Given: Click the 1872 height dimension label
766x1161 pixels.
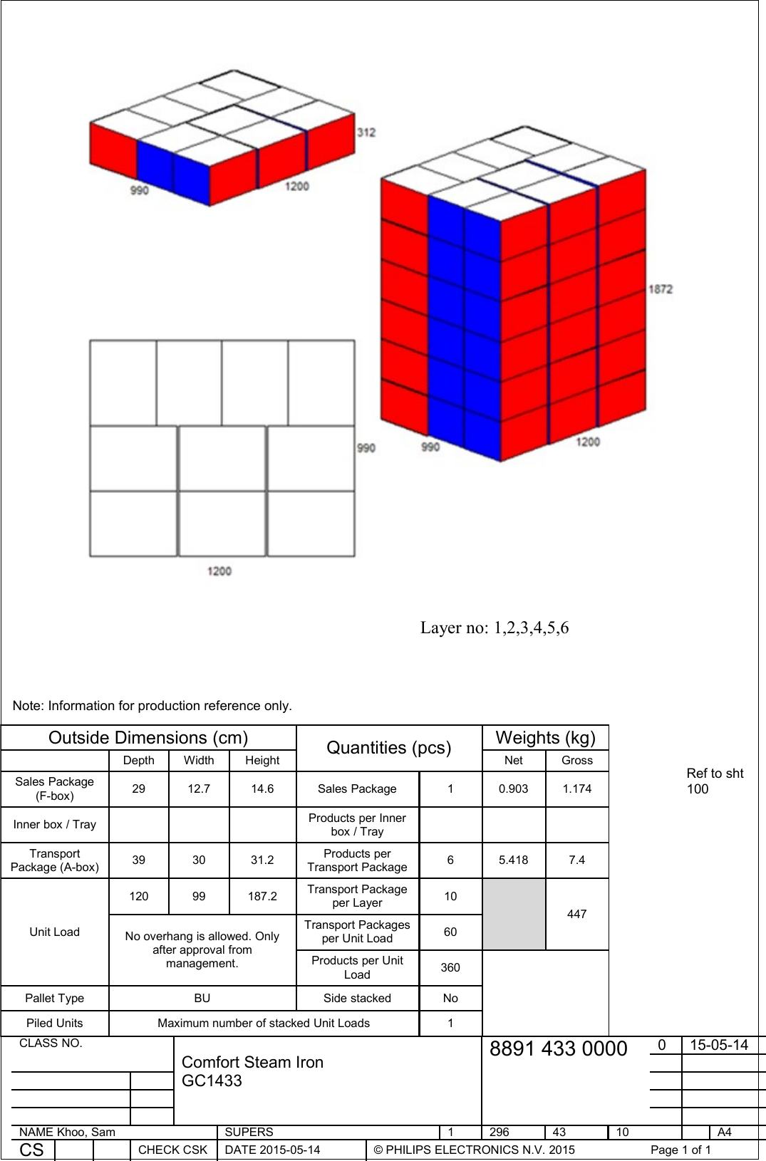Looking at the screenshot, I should tap(661, 288).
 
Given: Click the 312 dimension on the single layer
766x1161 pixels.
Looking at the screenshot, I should tap(366, 132).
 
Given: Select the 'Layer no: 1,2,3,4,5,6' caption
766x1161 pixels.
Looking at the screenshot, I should tap(494, 628).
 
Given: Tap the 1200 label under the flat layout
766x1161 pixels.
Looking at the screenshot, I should tap(219, 571).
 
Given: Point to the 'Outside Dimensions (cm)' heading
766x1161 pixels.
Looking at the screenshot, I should tap(148, 737).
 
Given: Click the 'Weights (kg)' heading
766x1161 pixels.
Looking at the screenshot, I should tap(545, 737).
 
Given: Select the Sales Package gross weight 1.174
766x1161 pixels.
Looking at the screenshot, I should tap(576, 788).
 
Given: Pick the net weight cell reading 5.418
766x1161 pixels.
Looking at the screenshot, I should tap(513, 860).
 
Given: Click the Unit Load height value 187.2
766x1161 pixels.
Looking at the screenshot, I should tap(262, 896).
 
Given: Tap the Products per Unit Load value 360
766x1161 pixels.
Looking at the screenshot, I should tap(450, 967).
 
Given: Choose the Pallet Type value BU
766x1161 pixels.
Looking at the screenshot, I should tap(202, 998).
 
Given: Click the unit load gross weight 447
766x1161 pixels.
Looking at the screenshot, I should tap(576, 914).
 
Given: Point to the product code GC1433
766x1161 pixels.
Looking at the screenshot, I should tap(212, 1081).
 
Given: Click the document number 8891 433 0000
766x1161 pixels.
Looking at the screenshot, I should tap(558, 1048).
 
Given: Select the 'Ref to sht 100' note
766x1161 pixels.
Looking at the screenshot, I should tap(714, 781).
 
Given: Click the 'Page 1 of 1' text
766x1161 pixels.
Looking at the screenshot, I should tap(680, 1150).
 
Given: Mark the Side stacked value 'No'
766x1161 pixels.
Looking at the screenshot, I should tap(450, 998).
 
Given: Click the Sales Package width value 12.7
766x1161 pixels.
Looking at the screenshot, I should tap(199, 788).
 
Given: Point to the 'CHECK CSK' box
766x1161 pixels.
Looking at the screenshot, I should tap(172, 1150).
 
